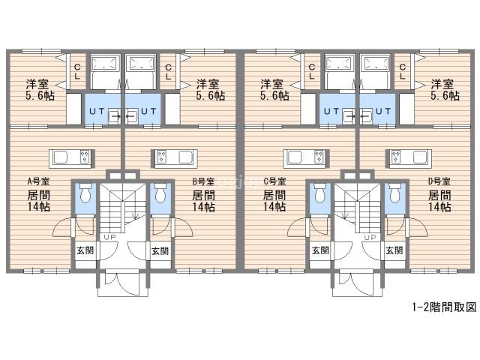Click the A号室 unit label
(x=38, y=181)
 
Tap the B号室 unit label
(x=203, y=181)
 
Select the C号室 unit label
(x=274, y=181)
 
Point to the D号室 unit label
(x=439, y=181)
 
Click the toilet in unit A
(x=85, y=193)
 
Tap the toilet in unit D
(x=395, y=193)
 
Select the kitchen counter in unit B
(x=175, y=158)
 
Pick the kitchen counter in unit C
(x=306, y=158)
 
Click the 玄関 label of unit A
(x=85, y=250)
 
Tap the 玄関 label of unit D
(x=394, y=250)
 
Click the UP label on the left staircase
(x=109, y=237)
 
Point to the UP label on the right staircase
(x=370, y=237)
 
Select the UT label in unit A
(x=97, y=112)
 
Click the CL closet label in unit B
(x=168, y=72)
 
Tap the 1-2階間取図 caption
(x=445, y=307)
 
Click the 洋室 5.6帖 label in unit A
(x=40, y=90)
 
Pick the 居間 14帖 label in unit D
(x=439, y=201)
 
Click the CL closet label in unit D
(x=403, y=72)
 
